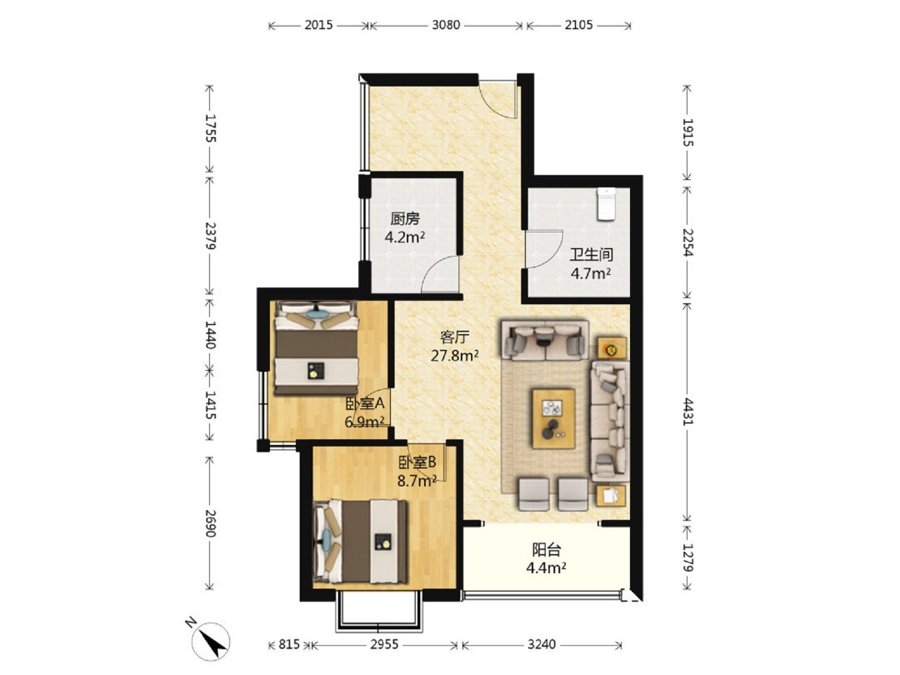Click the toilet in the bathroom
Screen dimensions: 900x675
tap(606, 204)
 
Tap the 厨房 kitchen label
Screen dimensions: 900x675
tap(404, 219)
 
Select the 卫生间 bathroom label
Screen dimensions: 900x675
tap(591, 254)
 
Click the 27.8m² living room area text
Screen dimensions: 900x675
tap(454, 355)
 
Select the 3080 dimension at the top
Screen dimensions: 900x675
tap(445, 25)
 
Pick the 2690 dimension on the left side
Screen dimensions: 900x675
tap(210, 523)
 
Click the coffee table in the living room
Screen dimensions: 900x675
tap(553, 418)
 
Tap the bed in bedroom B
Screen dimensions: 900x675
tap(360, 541)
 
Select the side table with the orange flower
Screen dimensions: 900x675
tap(611, 349)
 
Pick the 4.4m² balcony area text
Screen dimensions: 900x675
tap(546, 568)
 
